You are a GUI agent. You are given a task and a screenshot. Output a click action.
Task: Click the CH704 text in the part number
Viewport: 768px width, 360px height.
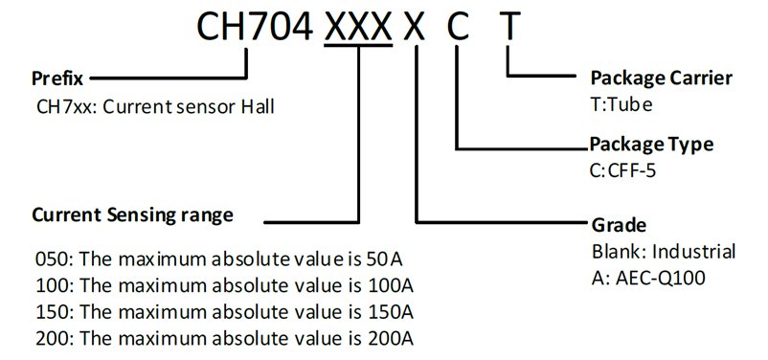(254, 27)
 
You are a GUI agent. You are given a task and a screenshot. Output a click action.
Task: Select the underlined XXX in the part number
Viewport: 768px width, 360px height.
(358, 27)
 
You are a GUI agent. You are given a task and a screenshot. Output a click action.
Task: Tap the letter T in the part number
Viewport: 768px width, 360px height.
(508, 27)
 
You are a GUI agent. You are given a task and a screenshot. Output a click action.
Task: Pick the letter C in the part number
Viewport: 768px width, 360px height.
(458, 27)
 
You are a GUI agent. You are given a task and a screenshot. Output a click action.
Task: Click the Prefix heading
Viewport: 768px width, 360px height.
(57, 79)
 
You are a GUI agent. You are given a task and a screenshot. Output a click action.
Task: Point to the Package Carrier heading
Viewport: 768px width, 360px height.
(661, 78)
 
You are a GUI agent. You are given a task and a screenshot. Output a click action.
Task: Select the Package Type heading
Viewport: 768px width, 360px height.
(651, 145)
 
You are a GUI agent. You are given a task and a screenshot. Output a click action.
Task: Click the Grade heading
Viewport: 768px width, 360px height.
(620, 225)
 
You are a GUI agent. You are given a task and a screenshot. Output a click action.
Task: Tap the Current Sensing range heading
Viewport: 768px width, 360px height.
(133, 215)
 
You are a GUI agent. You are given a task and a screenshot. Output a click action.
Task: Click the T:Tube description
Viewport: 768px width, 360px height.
(621, 104)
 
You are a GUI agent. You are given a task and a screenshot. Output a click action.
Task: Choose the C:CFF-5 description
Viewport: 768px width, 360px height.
(623, 171)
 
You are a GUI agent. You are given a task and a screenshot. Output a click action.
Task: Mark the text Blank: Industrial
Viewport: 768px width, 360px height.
(664, 252)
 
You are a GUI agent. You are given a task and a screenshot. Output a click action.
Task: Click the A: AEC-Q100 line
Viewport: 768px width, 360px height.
(648, 279)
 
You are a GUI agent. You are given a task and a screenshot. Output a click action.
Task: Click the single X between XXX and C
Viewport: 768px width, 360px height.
(415, 27)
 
